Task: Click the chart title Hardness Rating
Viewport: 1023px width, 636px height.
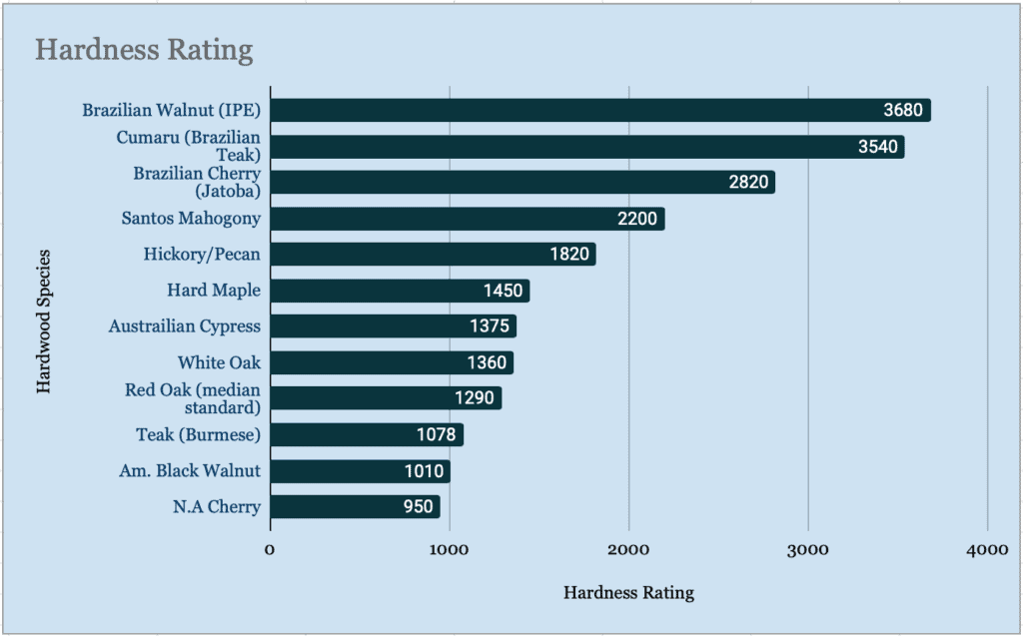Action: [x=144, y=50]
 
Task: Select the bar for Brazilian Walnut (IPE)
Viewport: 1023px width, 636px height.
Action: [x=600, y=110]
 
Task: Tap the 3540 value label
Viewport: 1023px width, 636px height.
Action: [x=877, y=147]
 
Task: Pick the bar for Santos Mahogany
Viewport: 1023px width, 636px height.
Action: [x=468, y=219]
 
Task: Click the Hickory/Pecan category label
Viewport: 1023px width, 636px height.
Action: [x=202, y=254]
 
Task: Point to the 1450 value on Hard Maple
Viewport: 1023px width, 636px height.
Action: [x=503, y=291]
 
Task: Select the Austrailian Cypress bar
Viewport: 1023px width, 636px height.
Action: [x=394, y=326]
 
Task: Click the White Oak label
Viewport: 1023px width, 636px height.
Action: [x=219, y=362]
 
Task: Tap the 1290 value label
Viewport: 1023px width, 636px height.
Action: [x=474, y=398]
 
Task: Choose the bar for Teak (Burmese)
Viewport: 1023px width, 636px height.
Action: [x=367, y=434]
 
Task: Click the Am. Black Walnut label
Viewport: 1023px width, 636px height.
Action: [x=189, y=470]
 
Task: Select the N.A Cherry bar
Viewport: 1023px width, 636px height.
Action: [x=355, y=507]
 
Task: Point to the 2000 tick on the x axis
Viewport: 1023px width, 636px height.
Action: [x=629, y=550]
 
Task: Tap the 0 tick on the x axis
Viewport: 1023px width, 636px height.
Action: [x=270, y=550]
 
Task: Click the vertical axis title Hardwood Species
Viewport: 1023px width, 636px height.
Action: [x=43, y=321]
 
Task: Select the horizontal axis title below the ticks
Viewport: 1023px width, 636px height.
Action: [x=629, y=593]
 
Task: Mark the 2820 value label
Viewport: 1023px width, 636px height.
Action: [x=748, y=183]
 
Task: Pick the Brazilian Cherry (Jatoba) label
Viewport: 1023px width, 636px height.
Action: [x=197, y=182]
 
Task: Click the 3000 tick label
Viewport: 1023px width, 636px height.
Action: [x=808, y=550]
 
